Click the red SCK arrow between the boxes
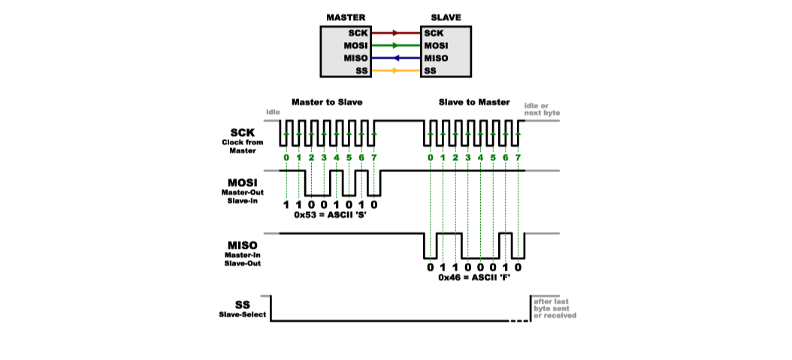point(395,33)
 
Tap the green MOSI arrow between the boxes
point(395,46)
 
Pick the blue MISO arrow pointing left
point(395,59)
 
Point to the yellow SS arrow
point(395,71)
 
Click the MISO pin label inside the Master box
point(355,59)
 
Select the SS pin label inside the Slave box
point(431,71)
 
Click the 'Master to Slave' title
point(331,101)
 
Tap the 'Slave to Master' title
point(473,101)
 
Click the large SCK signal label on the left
point(243,131)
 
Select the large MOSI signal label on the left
point(243,183)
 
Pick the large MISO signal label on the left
point(243,246)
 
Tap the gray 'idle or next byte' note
point(542,110)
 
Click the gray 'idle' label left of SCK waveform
point(272,113)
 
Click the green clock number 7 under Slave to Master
point(518,157)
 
